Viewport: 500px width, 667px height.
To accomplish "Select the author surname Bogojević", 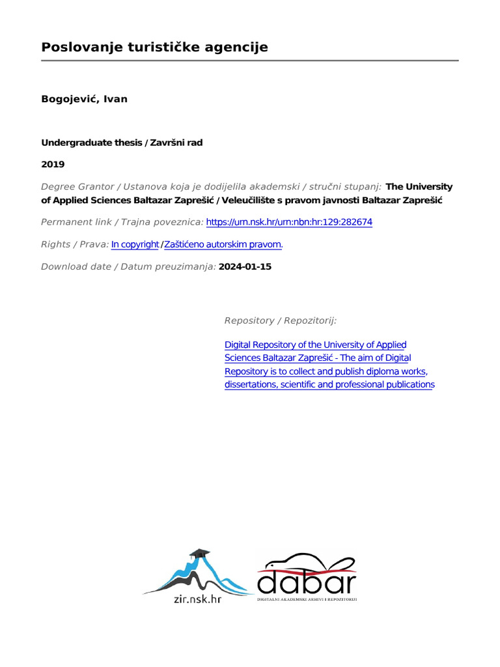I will (68, 99).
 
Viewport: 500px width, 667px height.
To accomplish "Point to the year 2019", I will (53, 164).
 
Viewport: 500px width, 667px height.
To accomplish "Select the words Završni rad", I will (176, 143).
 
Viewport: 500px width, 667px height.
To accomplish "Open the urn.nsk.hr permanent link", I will (289, 222).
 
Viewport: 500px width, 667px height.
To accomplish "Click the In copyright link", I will (135, 244).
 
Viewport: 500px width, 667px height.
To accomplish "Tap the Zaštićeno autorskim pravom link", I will (224, 244).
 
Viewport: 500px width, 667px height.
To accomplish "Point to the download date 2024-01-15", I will (245, 266).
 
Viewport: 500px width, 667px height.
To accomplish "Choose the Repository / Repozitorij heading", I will (281, 320).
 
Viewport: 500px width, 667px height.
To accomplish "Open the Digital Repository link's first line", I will (315, 345).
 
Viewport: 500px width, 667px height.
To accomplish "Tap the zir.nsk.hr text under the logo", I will (193, 598).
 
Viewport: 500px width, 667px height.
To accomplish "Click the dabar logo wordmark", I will (307, 580).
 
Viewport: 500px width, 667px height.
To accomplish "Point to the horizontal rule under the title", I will (250, 61).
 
